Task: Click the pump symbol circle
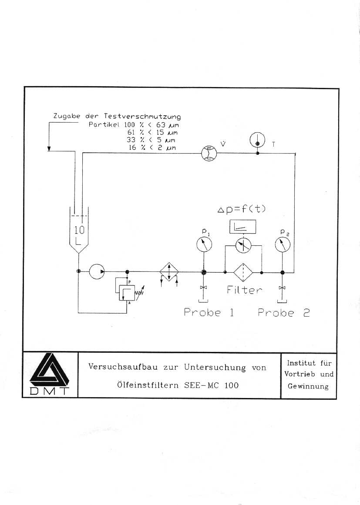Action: pyautogui.click(x=97, y=271)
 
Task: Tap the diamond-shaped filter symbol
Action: pyautogui.click(x=243, y=272)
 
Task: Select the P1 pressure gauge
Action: pyautogui.click(x=204, y=244)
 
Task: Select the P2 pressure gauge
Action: pyautogui.click(x=283, y=244)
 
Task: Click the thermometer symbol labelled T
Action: pyautogui.click(x=258, y=140)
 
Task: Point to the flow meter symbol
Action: pyautogui.click(x=209, y=153)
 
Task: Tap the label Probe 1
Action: pyautogui.click(x=209, y=312)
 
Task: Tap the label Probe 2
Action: pyautogui.click(x=284, y=312)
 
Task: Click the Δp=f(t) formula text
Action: pyautogui.click(x=242, y=209)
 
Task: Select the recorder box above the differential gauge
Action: pyautogui.click(x=243, y=227)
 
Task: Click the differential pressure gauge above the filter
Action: pyautogui.click(x=243, y=246)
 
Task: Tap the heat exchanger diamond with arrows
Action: pyautogui.click(x=169, y=272)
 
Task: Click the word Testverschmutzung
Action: pyautogui.click(x=142, y=116)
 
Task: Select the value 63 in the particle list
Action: pyautogui.click(x=161, y=125)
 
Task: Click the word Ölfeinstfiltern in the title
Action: pyautogui.click(x=148, y=385)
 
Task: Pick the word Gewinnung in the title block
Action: pyautogui.click(x=308, y=386)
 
